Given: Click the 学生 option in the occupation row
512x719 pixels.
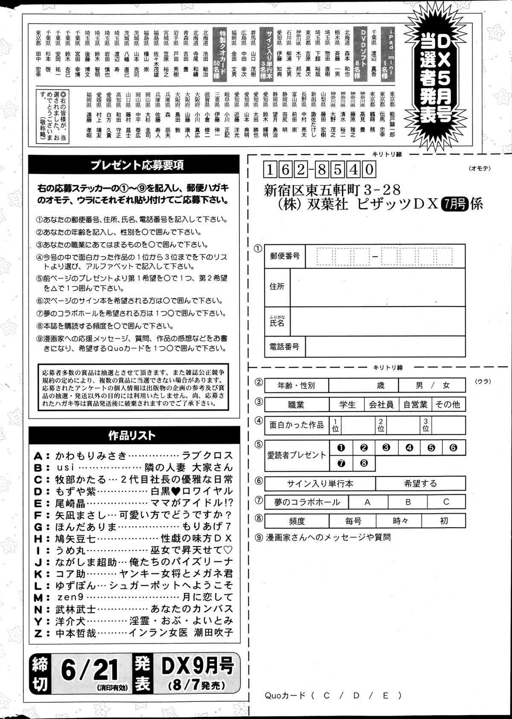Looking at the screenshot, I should tap(347, 404).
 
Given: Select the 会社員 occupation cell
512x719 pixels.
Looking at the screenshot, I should tap(381, 404).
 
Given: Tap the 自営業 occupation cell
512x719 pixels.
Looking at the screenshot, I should tap(415, 404).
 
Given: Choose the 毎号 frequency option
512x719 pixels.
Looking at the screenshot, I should tap(353, 521).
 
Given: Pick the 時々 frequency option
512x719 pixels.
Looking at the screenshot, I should tap(399, 521).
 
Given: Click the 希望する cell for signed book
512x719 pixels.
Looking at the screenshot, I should tap(420, 484).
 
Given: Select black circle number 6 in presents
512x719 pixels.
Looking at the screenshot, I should tap(453, 447).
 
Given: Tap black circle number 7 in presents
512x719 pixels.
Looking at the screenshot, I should tap(341, 463).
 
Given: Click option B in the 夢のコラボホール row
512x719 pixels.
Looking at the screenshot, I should tap(408, 502).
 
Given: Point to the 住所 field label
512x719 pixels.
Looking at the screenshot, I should tap(277, 286).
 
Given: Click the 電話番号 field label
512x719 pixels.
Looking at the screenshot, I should tap(285, 347).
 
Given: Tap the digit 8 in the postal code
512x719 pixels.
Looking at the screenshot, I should tap(322, 170).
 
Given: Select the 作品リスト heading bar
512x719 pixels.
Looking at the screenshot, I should tap(132, 435).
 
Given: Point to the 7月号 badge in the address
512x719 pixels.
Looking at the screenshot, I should tap(455, 204).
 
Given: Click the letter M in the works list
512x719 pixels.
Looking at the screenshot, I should tap(39, 597).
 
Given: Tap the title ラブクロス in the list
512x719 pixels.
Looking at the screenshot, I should tap(207, 455).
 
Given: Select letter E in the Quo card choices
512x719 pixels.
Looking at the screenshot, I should tap(385, 695).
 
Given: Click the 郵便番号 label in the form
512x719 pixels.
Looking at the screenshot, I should tap(285, 256).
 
